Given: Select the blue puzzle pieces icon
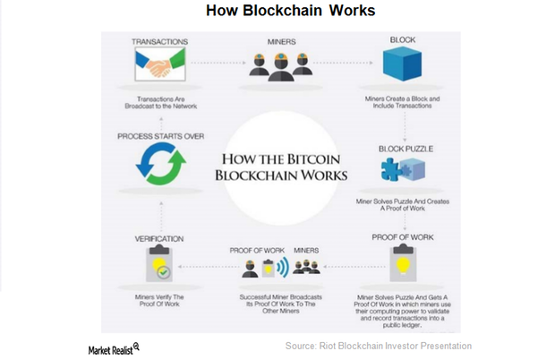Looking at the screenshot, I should pyautogui.click(x=399, y=170).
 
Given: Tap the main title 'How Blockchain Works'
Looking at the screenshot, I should pyautogui.click(x=277, y=11).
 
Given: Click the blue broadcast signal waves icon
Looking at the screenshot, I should pyautogui.click(x=283, y=267).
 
